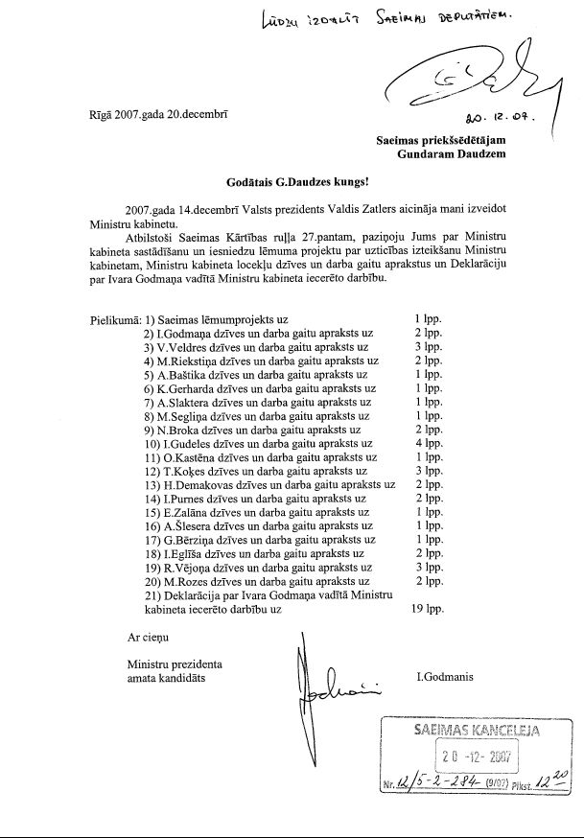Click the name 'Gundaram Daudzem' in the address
pyautogui.click(x=451, y=154)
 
